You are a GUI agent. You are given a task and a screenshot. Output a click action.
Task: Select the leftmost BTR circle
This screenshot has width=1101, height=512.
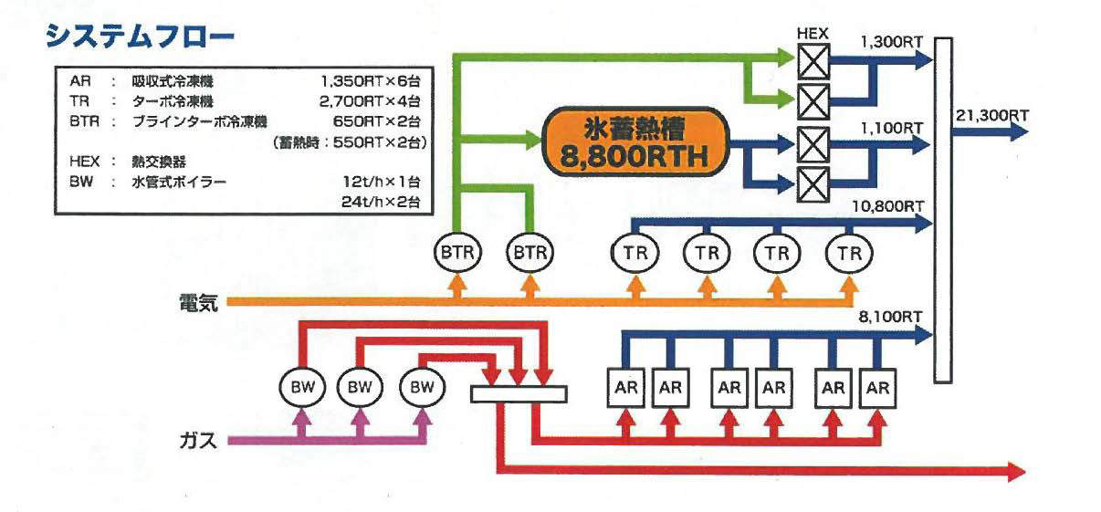(455, 253)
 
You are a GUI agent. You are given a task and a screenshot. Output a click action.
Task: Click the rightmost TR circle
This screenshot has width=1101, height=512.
(849, 253)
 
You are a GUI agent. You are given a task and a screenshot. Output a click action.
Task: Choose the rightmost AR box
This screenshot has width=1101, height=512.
(878, 386)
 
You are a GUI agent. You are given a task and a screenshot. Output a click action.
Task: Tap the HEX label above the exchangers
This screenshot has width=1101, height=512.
(813, 32)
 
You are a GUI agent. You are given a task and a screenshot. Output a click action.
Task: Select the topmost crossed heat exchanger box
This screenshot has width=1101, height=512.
(813, 58)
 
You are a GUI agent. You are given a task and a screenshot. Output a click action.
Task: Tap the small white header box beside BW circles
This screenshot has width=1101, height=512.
(519, 394)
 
